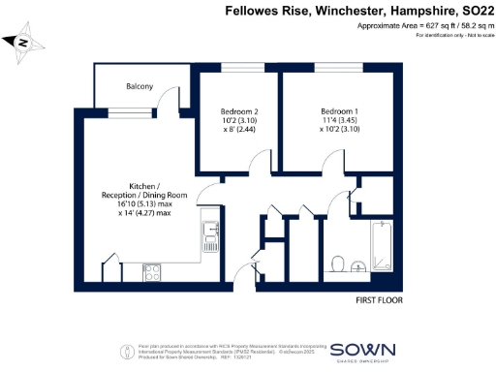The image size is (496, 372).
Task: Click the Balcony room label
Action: point(139,86)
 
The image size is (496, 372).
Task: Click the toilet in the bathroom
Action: point(336,263)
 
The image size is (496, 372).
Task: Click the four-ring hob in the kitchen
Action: point(151,275)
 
